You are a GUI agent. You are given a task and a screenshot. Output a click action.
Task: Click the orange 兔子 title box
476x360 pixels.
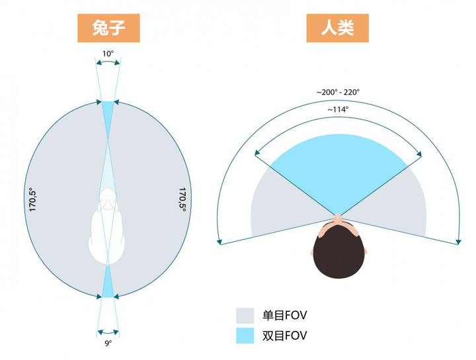tap(108, 28)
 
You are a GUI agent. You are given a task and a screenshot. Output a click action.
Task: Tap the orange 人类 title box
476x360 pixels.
tap(337, 28)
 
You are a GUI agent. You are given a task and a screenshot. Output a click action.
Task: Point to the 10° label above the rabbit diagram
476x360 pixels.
tap(108, 54)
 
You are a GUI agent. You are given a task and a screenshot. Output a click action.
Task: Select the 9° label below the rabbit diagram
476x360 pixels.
tap(108, 343)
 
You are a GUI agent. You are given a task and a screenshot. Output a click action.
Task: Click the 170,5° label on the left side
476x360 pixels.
tap(32, 200)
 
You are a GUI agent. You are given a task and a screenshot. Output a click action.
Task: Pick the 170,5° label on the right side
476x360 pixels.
tap(182, 199)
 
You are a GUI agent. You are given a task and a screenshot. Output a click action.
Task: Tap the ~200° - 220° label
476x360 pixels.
tap(338, 92)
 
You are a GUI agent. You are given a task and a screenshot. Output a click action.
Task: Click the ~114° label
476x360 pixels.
tap(338, 109)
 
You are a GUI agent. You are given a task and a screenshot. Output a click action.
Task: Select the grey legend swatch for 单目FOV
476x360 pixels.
tap(245, 316)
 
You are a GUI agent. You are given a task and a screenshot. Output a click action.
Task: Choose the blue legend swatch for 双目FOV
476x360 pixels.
tap(245, 336)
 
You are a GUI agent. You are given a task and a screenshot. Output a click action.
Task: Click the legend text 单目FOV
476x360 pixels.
tap(284, 316)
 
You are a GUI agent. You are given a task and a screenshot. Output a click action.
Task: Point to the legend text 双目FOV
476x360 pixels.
tap(284, 336)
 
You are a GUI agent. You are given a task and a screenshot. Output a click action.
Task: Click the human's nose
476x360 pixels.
tap(337, 217)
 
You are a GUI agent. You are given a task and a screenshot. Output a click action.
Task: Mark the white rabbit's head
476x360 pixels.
tap(108, 199)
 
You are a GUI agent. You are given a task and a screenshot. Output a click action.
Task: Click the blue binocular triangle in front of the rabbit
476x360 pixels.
tap(108, 117)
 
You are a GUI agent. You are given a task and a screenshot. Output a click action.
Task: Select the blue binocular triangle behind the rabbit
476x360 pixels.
tap(108, 283)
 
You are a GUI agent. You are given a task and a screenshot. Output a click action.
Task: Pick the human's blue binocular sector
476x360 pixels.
tap(338, 170)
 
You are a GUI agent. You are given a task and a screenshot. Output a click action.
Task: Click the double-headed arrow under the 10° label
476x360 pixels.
tap(108, 61)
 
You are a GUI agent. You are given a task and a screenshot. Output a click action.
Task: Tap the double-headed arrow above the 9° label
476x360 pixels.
tap(108, 331)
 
